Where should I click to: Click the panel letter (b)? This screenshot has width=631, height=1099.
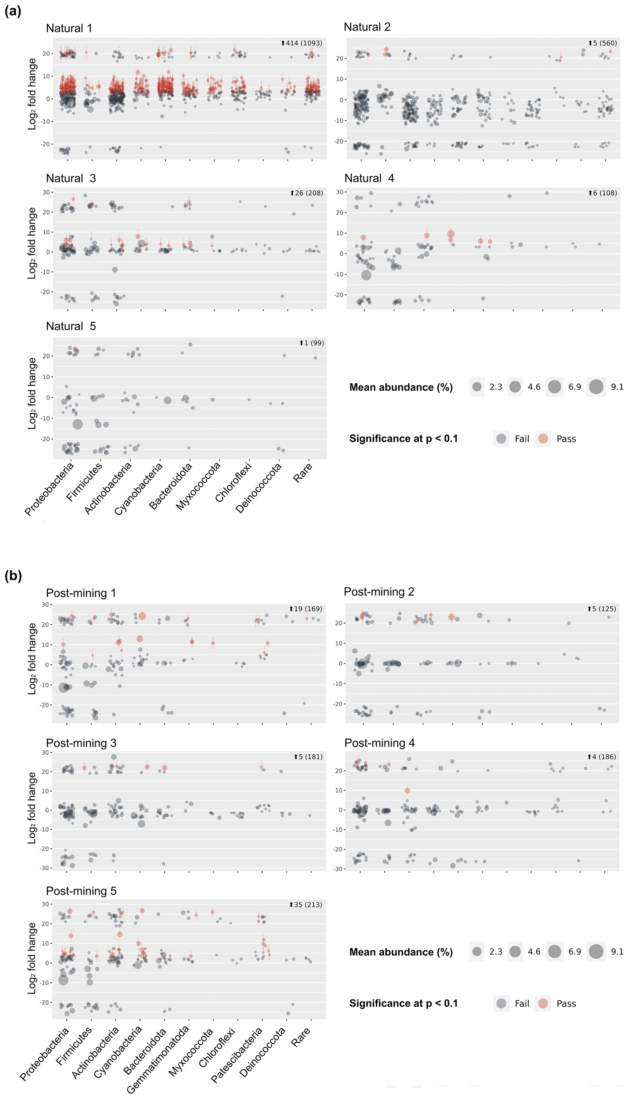click(13, 576)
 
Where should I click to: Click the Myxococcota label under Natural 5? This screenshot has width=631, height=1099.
click(198, 486)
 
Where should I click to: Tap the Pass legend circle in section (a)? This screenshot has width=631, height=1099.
click(543, 439)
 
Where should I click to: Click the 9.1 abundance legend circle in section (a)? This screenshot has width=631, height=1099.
click(596, 387)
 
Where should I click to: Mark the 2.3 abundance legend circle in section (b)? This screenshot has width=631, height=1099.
click(477, 951)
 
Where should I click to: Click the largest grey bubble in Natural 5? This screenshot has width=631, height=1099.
click(78, 424)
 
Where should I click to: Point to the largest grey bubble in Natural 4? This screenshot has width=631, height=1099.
click(366, 275)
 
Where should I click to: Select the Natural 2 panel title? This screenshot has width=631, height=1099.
click(367, 27)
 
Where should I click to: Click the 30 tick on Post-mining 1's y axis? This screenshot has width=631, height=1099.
click(45, 605)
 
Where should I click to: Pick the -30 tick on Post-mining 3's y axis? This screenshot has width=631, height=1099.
click(44, 868)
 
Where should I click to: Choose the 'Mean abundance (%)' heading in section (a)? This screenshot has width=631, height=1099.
click(401, 387)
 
